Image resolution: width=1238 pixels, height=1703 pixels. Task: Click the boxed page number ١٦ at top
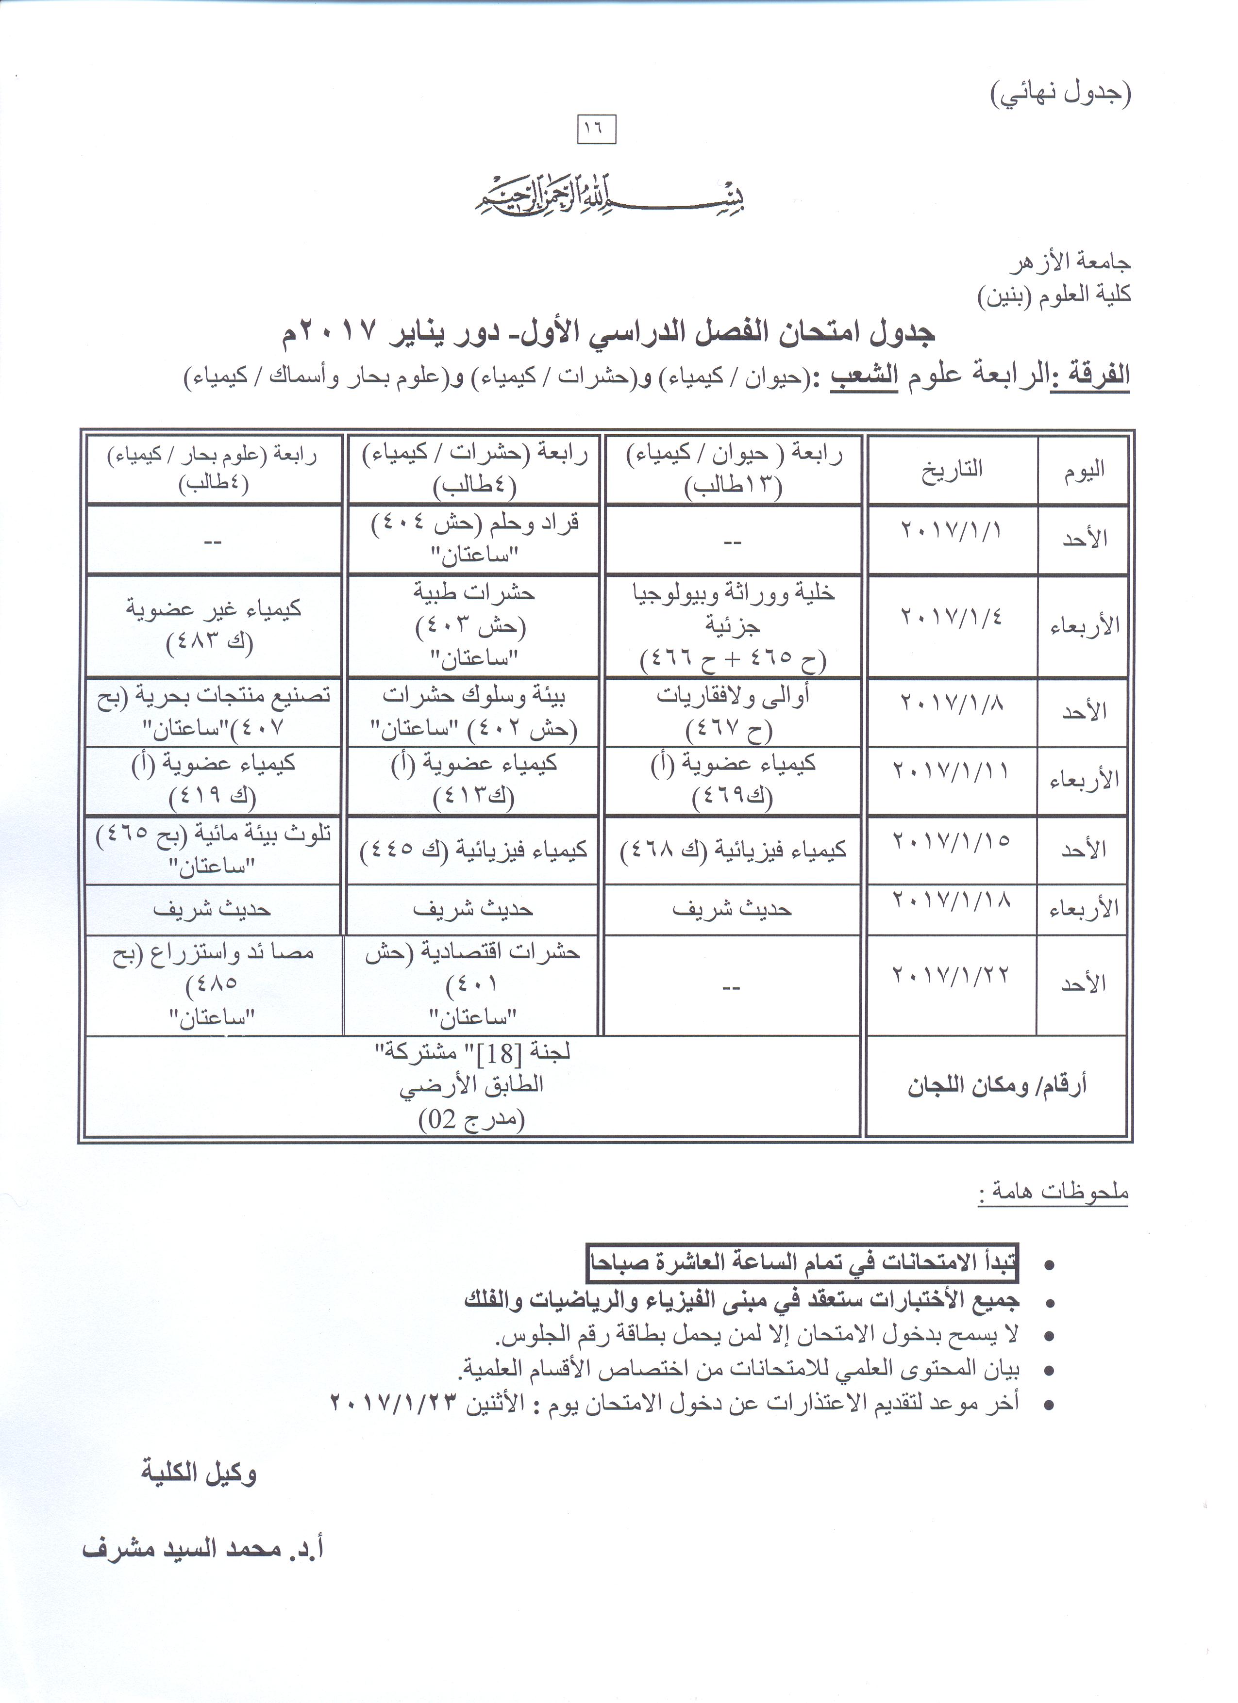[597, 129]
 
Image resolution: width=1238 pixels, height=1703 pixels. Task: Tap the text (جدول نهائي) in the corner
[1061, 93]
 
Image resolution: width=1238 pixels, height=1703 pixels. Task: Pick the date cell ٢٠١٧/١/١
[952, 530]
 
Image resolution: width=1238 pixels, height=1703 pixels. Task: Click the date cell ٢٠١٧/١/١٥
[952, 840]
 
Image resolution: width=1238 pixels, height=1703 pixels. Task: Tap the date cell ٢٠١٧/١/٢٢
[952, 975]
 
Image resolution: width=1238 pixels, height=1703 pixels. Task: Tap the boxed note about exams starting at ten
[802, 1263]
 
